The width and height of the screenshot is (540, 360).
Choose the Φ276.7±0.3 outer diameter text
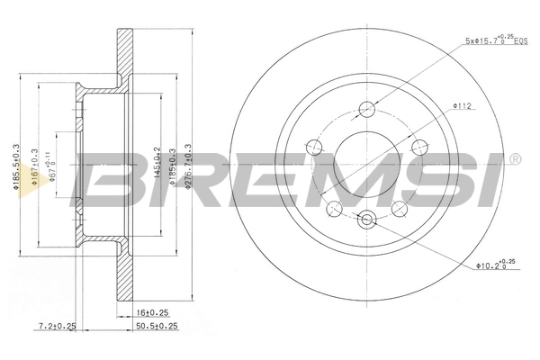click(x=188, y=166)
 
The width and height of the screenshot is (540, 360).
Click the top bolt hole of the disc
click(x=366, y=111)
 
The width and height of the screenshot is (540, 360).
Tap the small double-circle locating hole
click(x=366, y=218)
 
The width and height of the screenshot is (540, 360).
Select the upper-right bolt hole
click(x=417, y=147)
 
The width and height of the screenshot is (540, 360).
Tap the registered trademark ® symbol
click(x=515, y=160)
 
